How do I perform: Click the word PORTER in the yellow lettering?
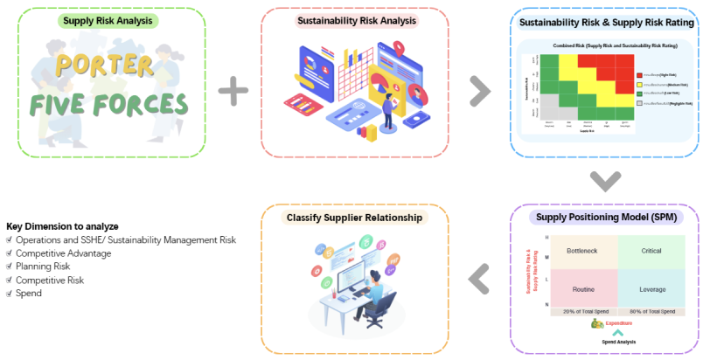pos(112,66)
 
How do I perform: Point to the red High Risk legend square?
pos(641,76)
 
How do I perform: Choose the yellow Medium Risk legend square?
pos(641,85)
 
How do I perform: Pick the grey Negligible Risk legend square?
pos(641,102)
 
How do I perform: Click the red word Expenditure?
pos(622,322)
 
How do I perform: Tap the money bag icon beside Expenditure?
pos(597,322)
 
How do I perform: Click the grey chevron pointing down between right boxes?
pos(603,180)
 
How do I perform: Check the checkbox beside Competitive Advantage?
pos(10,253)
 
